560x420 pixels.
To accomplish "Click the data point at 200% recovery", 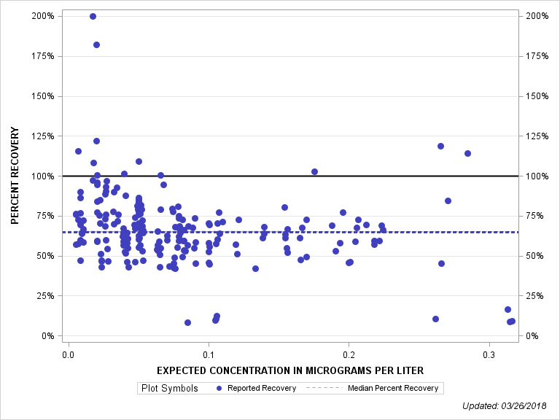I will point(93,16).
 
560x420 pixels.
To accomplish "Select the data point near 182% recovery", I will point(96,44).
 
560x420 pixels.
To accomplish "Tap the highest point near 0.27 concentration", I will point(440,146).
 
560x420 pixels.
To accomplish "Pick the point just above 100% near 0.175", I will point(314,171).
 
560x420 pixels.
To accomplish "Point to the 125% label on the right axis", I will point(536,136).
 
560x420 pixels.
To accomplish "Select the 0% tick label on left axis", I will point(48,336).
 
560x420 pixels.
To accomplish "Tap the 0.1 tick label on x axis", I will point(209,354).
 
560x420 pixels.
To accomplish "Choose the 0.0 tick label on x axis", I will point(68,354).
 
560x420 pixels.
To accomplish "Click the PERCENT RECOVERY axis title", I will point(14,176).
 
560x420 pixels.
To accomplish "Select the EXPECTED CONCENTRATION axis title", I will point(290,372).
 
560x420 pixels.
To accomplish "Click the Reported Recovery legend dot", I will point(219,388).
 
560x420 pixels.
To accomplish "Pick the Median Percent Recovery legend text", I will point(393,388).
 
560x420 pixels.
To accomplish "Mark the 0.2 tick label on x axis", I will point(349,354).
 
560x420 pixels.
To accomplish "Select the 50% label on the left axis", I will point(45,256).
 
